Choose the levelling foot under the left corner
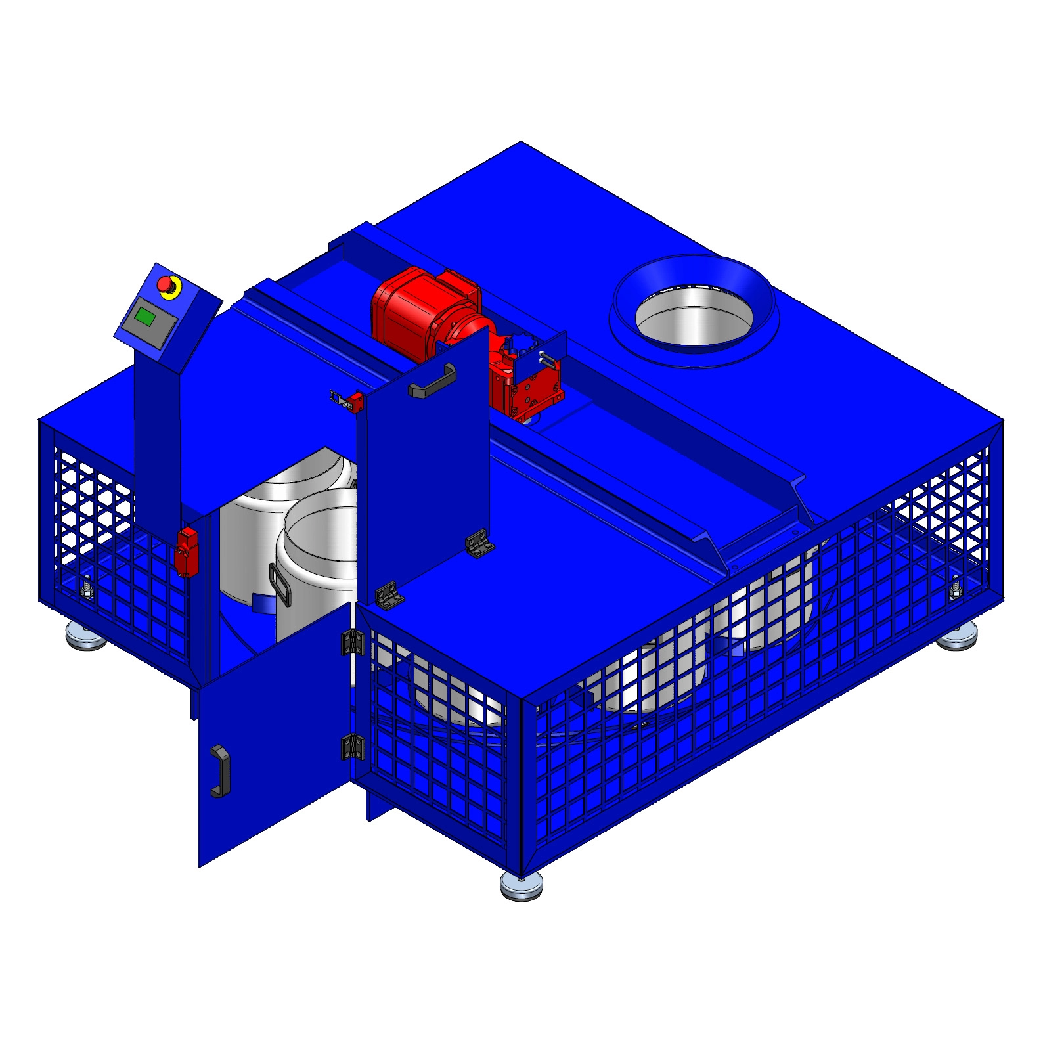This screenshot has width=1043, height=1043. point(86,634)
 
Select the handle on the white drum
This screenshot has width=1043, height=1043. point(280,585)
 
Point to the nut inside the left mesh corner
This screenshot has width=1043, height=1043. point(86,588)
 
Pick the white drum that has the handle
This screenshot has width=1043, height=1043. point(315,558)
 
